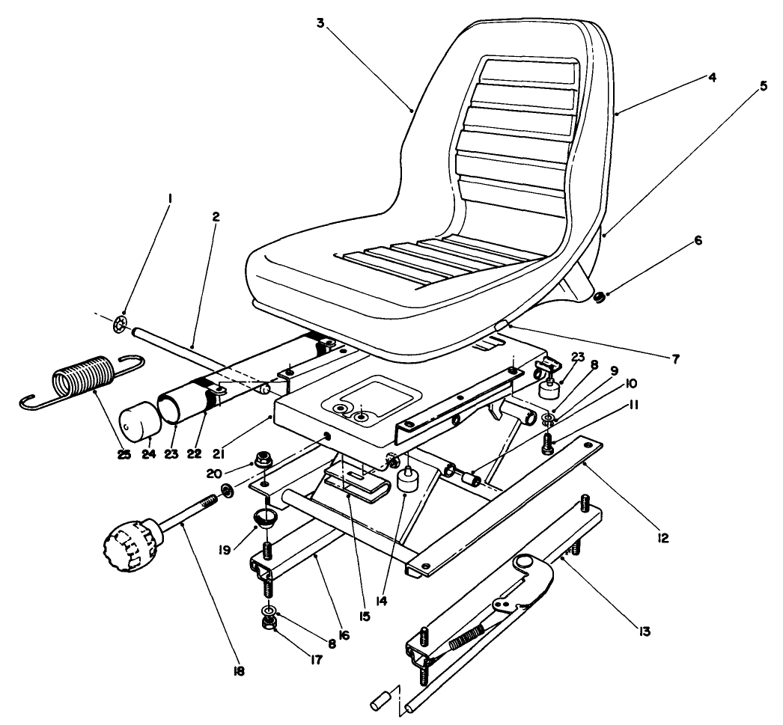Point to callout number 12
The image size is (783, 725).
click(660, 536)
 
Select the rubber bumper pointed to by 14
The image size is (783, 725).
click(408, 481)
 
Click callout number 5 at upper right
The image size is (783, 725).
click(763, 85)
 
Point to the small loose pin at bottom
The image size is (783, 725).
click(380, 702)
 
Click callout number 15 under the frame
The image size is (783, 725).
click(365, 616)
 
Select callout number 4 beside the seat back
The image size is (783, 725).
click(711, 77)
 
